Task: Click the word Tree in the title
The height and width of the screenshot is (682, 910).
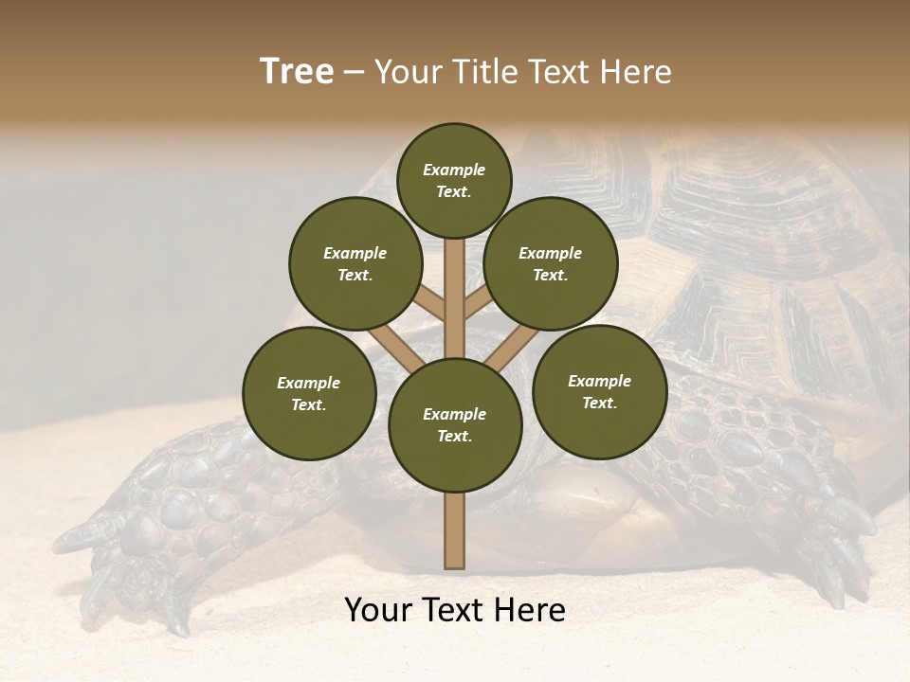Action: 297,71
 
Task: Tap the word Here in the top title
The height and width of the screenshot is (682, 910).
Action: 636,71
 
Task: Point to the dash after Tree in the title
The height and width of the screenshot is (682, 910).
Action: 354,73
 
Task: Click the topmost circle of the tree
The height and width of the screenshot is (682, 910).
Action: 454,180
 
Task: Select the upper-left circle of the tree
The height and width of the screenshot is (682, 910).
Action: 355,263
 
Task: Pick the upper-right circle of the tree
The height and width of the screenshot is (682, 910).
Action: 551,263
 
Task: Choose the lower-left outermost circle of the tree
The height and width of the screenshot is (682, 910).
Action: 309,393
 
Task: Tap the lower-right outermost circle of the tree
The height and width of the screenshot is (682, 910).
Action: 599,391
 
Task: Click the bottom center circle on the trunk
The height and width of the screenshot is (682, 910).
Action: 455,425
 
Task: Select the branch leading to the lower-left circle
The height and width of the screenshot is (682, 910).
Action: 393,348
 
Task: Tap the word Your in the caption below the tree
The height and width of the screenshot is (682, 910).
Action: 378,610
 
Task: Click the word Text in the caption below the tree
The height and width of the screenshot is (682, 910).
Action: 456,610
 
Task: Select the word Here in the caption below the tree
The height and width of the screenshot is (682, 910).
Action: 532,610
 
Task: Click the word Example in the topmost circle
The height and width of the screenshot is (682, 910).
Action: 454,170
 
